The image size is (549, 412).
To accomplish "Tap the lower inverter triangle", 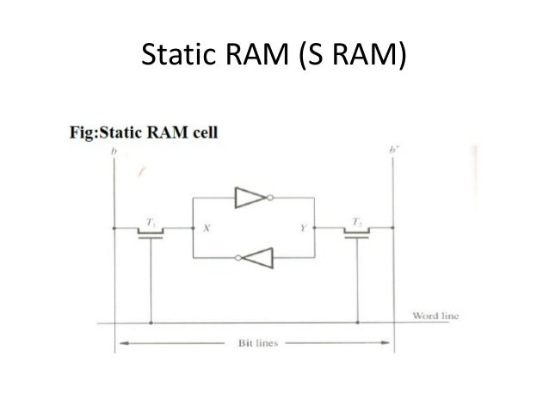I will point(259,257).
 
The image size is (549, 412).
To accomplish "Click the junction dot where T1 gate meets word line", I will point(151,324).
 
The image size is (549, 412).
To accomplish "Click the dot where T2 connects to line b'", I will point(392,228).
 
